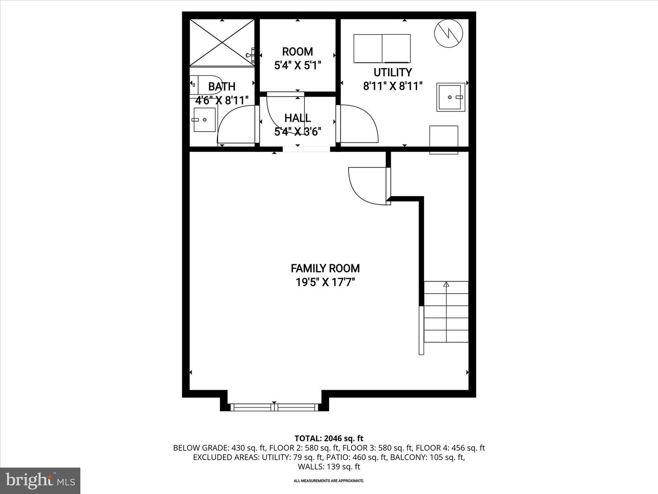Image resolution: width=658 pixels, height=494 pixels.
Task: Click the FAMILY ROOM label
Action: (325, 268)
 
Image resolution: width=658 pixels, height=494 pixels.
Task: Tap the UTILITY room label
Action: (393, 72)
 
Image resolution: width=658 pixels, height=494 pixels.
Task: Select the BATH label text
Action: (222, 87)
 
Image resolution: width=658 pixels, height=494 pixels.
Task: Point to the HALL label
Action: (297, 118)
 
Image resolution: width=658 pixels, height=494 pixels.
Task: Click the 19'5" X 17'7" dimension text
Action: (325, 282)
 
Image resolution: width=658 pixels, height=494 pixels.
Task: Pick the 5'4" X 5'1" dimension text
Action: (297, 65)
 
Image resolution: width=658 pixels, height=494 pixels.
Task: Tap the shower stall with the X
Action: (222, 43)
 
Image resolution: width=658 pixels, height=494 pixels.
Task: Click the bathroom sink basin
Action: (204, 120)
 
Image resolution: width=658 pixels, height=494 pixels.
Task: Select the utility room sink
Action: (451, 97)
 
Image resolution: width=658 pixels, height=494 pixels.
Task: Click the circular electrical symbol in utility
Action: (449, 33)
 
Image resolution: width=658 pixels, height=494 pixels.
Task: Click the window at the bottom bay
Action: (274, 407)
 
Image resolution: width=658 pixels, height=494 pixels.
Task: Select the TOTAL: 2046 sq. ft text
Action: (329, 439)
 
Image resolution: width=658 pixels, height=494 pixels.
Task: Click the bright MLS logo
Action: (40, 480)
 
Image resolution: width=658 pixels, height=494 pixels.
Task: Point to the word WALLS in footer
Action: (310, 467)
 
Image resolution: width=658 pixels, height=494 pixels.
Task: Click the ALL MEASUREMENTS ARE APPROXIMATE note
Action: (329, 481)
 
